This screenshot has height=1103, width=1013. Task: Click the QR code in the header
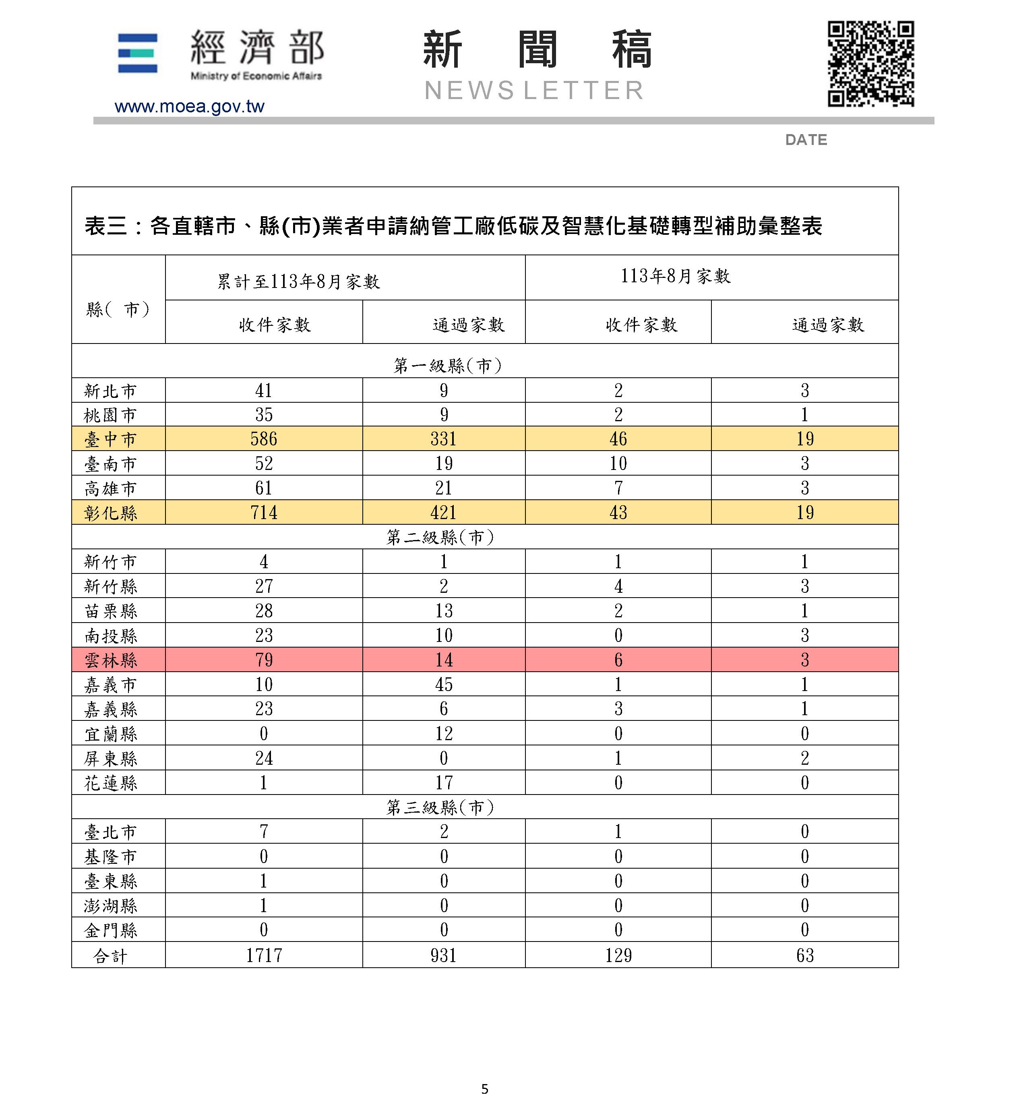coord(870,64)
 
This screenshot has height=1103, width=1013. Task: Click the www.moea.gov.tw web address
coord(189,106)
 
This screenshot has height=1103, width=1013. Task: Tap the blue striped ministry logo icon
coord(138,53)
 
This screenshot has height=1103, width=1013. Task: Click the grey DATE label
coord(806,140)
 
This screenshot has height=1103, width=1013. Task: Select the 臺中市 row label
coord(110,439)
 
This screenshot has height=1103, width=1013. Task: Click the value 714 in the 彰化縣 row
coord(264,513)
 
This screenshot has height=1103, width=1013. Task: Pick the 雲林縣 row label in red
coord(110,660)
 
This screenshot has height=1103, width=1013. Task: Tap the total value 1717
coord(264,956)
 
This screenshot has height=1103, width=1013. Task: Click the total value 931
coord(443,956)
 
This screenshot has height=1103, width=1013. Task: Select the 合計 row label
coord(110,956)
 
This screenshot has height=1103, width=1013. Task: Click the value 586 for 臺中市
coord(264,439)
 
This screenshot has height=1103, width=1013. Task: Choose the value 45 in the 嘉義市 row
coord(443,684)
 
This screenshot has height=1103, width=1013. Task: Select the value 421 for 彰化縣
coord(443,513)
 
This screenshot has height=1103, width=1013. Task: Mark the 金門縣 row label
coord(110,930)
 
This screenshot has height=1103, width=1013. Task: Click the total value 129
coord(618,956)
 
